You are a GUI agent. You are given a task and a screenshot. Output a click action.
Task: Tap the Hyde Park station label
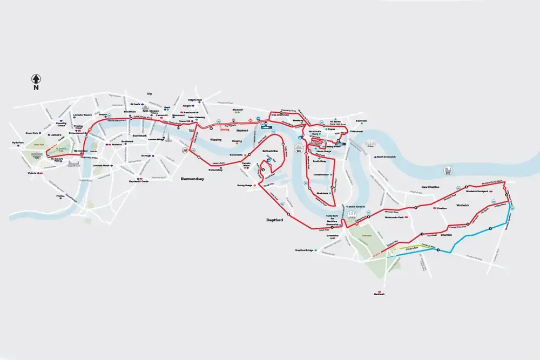tap(18, 143)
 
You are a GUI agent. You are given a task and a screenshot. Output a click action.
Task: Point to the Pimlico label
tap(60, 196)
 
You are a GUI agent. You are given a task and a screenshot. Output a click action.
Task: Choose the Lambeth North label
tap(102, 165)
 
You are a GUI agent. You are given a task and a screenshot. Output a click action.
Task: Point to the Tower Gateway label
tap(196, 117)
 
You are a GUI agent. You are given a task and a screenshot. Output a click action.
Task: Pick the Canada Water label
tap(246, 163)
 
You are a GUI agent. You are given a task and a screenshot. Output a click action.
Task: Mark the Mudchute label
tap(322, 192)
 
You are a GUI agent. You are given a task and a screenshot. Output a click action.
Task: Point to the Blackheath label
tap(379, 294)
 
